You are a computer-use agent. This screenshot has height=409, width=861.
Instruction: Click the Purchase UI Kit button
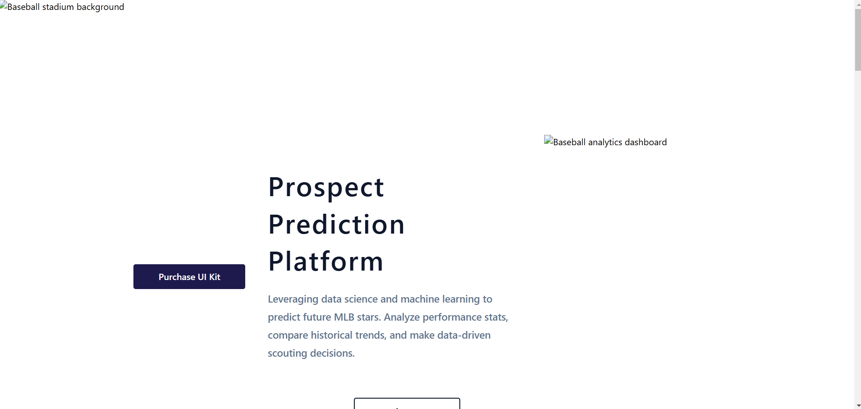pos(189,276)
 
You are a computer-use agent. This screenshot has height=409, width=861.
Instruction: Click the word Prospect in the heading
pos(326,187)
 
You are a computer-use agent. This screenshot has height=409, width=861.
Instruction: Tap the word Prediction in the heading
pos(336,225)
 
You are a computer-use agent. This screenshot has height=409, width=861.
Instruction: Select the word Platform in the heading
pos(325,262)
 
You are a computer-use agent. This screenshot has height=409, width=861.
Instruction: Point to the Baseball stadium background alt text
pos(66,7)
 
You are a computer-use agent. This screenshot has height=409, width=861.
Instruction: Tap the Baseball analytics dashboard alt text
pos(609,142)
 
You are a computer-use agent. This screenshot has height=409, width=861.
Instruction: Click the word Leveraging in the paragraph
pos(293,299)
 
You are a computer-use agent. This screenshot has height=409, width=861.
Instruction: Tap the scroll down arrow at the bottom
pos(857,406)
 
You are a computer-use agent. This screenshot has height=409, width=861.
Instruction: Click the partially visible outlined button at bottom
pos(407,404)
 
